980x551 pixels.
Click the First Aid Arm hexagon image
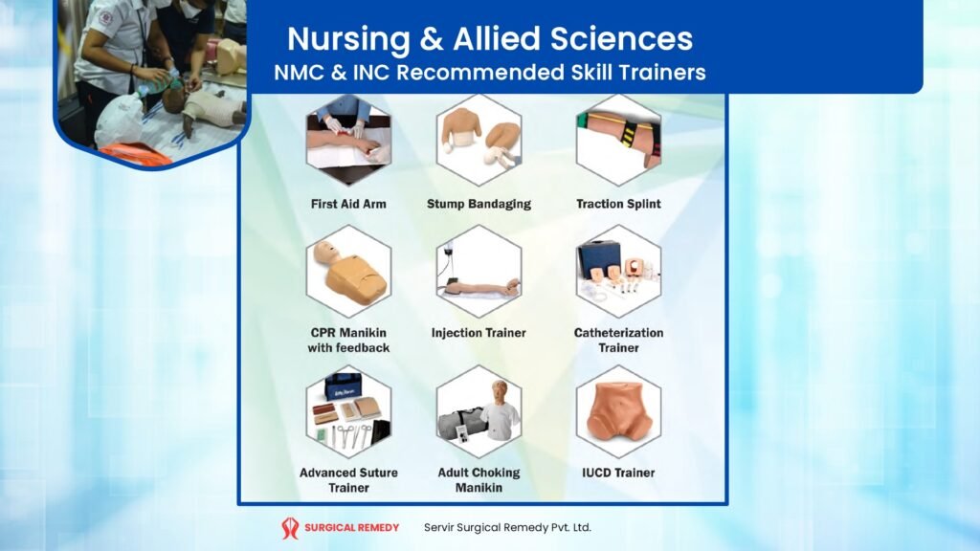click(348, 140)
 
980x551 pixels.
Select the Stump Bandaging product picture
click(479, 140)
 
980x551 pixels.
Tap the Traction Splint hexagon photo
click(618, 140)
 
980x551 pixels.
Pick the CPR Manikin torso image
click(348, 272)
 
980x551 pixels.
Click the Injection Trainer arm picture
click(479, 272)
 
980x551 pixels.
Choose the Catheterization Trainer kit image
click(618, 272)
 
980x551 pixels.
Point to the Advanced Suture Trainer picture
click(348, 411)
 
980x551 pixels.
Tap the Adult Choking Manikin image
click(479, 411)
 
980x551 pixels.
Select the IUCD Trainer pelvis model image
click(618, 411)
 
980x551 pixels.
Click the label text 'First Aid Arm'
click(348, 204)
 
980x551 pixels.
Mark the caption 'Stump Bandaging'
click(479, 204)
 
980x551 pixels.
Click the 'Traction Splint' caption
click(618, 204)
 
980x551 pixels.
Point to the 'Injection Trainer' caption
click(479, 333)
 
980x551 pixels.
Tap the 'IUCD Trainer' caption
click(618, 473)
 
